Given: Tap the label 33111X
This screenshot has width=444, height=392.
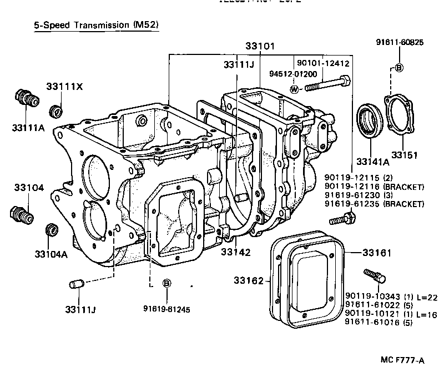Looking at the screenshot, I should pyautogui.click(x=64, y=87).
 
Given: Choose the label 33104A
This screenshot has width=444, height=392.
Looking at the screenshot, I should pyautogui.click(x=51, y=254).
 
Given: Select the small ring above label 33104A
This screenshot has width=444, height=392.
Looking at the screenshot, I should pyautogui.click(x=51, y=229).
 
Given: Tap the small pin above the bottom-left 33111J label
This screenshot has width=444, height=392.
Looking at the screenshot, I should pyautogui.click(x=75, y=285).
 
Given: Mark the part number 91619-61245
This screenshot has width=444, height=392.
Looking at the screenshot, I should pyautogui.click(x=166, y=309).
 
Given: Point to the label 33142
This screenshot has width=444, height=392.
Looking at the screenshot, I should pyautogui.click(x=235, y=252).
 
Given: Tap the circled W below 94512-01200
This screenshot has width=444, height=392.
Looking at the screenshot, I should pyautogui.click(x=294, y=89).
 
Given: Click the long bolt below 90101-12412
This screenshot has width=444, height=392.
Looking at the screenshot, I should pyautogui.click(x=327, y=84).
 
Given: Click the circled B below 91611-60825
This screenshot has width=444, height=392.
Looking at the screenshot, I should pyautogui.click(x=398, y=67).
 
